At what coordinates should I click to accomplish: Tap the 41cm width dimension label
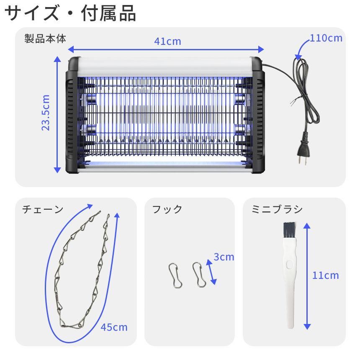[167, 41]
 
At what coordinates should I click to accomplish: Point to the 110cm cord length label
[326, 39]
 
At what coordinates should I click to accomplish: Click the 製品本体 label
[45, 39]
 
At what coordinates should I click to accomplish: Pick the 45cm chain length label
[114, 327]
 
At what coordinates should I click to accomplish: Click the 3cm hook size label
[224, 257]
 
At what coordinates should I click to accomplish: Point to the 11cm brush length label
[326, 275]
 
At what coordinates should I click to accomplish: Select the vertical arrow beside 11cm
[307, 276]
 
